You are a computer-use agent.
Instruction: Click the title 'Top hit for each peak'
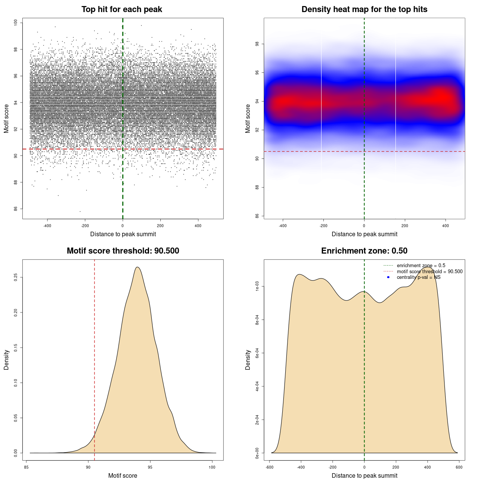click(x=122, y=9)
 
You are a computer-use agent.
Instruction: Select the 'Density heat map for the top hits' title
click(x=364, y=9)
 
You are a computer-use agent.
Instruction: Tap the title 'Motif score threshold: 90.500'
click(x=123, y=251)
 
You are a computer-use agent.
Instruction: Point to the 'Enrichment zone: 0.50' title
click(x=364, y=251)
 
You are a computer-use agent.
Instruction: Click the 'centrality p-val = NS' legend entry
click(x=418, y=277)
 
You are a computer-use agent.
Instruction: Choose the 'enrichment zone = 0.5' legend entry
click(x=421, y=266)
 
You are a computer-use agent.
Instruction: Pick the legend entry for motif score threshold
click(x=429, y=272)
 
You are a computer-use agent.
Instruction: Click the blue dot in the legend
click(x=388, y=277)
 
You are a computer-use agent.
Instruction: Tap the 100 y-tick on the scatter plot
click(x=16, y=23)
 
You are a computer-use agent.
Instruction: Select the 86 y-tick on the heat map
click(x=257, y=216)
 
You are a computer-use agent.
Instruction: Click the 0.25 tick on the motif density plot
click(x=16, y=277)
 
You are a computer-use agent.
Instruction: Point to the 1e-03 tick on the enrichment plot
click(x=257, y=287)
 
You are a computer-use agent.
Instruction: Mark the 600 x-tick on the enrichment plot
click(x=459, y=467)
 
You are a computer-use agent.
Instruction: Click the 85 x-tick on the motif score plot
click(x=26, y=467)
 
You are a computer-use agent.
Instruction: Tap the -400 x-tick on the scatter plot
click(x=47, y=226)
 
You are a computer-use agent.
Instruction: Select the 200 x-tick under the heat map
click(x=405, y=226)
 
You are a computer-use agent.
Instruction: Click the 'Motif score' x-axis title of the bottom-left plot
click(x=123, y=475)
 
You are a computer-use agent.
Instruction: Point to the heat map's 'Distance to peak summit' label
click(x=364, y=234)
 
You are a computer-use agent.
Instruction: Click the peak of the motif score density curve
click(x=138, y=267)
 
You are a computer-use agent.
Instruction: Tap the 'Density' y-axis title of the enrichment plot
click(x=248, y=360)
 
